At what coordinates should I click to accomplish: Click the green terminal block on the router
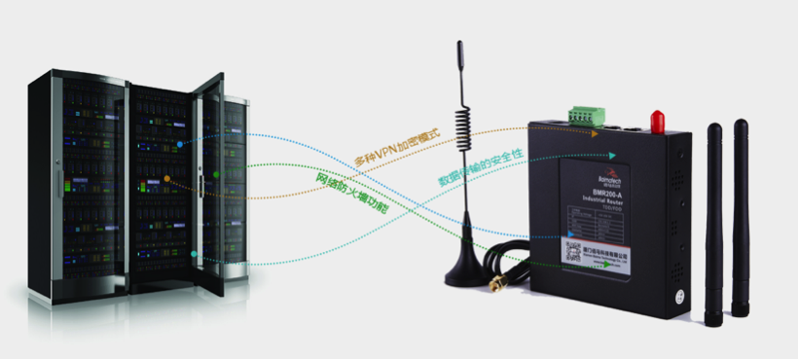(584, 116)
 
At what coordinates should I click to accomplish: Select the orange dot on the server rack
(167, 179)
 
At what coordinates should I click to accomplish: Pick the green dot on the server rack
(216, 174)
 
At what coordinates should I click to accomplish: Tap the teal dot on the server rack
(195, 254)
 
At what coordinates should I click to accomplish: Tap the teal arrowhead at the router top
(610, 155)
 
